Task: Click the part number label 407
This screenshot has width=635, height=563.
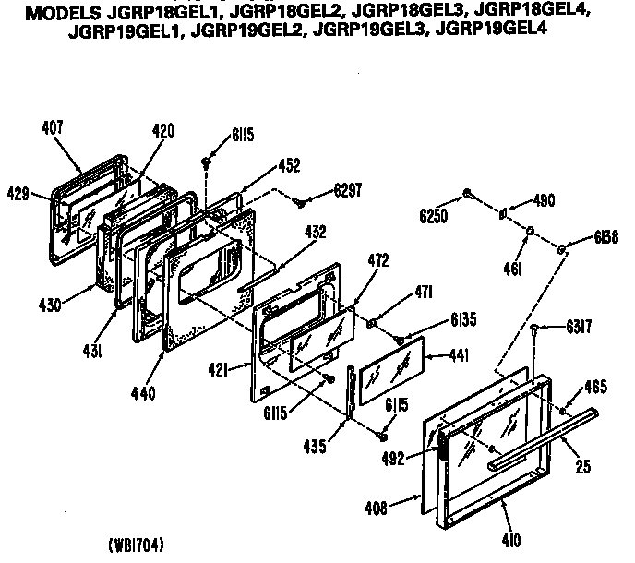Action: click(54, 128)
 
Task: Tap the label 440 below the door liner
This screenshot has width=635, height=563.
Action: click(143, 392)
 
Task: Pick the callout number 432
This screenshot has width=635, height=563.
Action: click(315, 233)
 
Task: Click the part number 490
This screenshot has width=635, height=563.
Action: click(543, 198)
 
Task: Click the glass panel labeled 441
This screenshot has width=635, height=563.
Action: click(389, 368)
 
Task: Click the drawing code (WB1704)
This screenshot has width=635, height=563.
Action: click(136, 544)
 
